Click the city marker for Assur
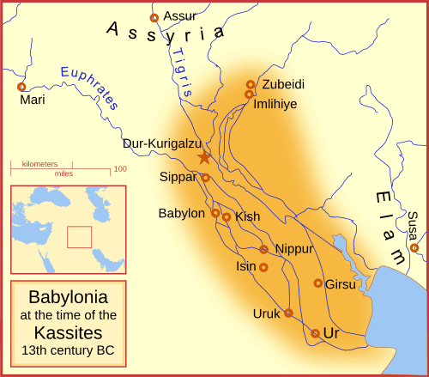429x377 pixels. [154, 17]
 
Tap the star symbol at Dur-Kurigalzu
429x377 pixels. [204, 157]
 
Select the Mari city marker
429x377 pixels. [22, 87]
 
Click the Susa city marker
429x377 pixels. [414, 248]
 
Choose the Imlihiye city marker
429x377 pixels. [250, 94]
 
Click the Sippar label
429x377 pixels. [178, 177]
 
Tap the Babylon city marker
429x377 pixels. [216, 213]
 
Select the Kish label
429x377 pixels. [247, 217]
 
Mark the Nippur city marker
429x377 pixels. [264, 249]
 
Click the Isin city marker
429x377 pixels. [263, 268]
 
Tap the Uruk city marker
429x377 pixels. [288, 313]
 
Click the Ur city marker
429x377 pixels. [315, 333]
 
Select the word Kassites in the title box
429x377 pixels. [69, 332]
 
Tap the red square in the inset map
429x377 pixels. [79, 237]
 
